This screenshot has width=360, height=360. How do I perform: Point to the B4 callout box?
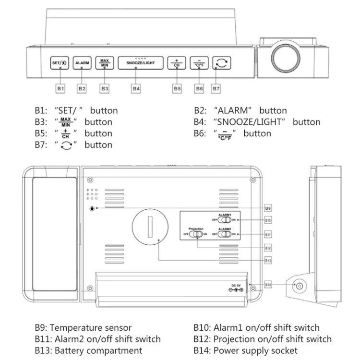click(136, 89)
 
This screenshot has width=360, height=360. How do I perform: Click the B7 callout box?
click(216, 89)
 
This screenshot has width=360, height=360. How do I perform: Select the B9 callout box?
click(269, 208)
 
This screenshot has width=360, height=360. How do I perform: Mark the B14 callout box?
click(269, 285)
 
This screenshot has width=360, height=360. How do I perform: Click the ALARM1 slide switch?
click(225, 219)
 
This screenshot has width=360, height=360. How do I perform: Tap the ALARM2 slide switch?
click(225, 234)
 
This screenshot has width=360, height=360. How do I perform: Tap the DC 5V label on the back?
click(236, 285)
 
